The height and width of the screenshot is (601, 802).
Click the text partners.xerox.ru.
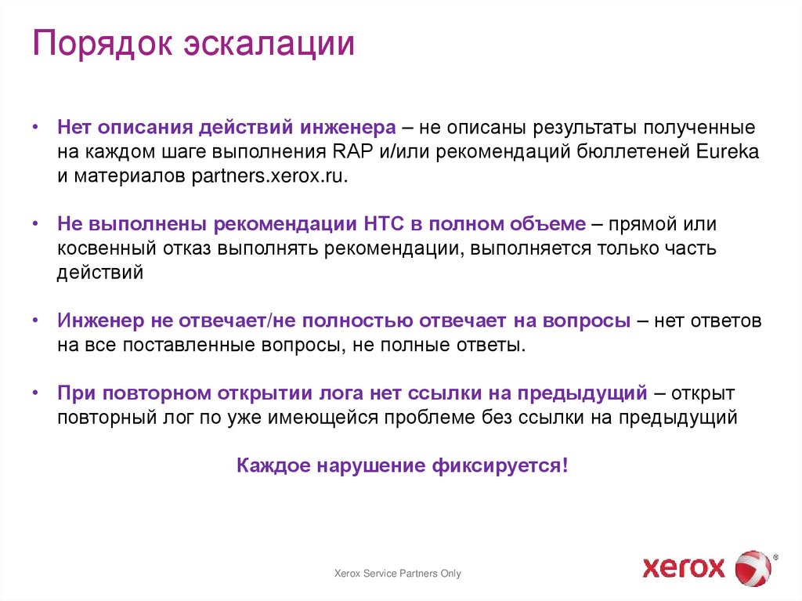269,176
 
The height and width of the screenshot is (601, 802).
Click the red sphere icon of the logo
753,567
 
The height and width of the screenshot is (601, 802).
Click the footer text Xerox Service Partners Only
398,574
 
